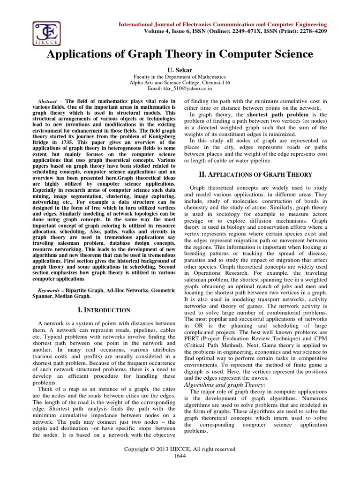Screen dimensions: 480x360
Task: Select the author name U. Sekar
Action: click(180, 69)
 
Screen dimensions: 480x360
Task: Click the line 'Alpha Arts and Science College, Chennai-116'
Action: click(180, 82)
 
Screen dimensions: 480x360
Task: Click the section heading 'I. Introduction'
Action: click(104, 310)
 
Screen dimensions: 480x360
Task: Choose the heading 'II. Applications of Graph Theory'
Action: click(255, 174)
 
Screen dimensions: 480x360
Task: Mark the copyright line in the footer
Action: click(180, 449)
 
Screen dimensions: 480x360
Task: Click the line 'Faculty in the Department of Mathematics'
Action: click(180, 76)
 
